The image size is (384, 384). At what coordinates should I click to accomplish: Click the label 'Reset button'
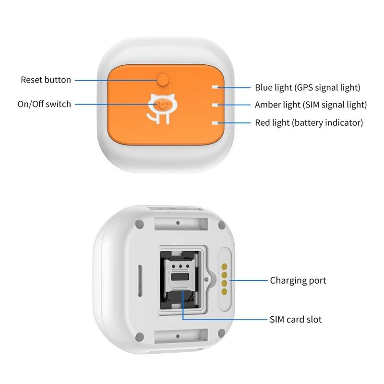(x=46, y=80)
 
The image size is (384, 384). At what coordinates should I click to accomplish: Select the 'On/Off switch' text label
(x=44, y=104)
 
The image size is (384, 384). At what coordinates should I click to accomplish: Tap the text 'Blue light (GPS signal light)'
(x=307, y=88)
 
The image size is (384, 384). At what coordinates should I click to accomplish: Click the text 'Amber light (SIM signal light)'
(x=311, y=105)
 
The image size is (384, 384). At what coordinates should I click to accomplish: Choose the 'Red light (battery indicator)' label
(x=309, y=122)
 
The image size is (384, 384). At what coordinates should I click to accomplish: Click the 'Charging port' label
(x=298, y=280)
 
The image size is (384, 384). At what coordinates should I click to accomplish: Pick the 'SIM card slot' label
(x=296, y=319)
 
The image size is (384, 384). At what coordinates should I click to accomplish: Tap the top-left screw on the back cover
(x=140, y=223)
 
